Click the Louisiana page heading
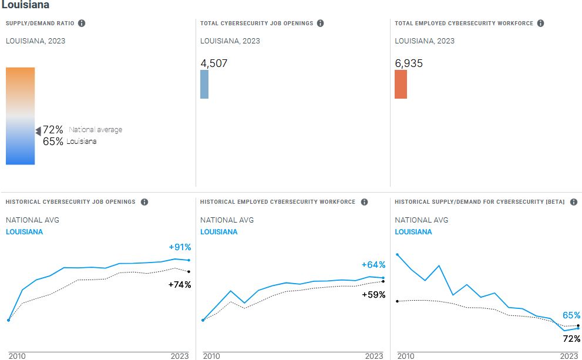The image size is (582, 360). click(x=25, y=5)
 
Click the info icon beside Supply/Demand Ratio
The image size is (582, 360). click(x=82, y=23)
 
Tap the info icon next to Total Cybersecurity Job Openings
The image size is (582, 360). click(x=320, y=23)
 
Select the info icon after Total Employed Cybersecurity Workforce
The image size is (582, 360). click(x=540, y=23)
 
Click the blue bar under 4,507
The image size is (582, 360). click(x=204, y=85)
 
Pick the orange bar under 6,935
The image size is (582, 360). click(x=401, y=85)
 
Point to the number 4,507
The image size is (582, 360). click(x=214, y=63)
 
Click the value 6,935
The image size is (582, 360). click(x=409, y=63)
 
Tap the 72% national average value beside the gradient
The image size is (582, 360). click(x=53, y=130)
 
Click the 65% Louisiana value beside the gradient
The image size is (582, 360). click(x=53, y=142)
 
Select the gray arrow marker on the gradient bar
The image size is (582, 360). click(x=38, y=131)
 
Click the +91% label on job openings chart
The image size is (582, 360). click(x=180, y=247)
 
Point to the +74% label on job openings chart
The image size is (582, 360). click(x=180, y=285)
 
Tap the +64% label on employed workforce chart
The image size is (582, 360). click(x=374, y=265)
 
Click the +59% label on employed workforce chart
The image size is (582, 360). click(x=374, y=295)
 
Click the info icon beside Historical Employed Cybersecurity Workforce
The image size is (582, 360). click(x=364, y=202)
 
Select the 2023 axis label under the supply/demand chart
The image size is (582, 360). click(x=568, y=356)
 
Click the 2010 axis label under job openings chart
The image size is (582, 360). click(x=17, y=356)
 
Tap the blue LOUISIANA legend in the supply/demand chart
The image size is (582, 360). click(x=413, y=232)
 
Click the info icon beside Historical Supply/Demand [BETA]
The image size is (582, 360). click(x=574, y=202)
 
